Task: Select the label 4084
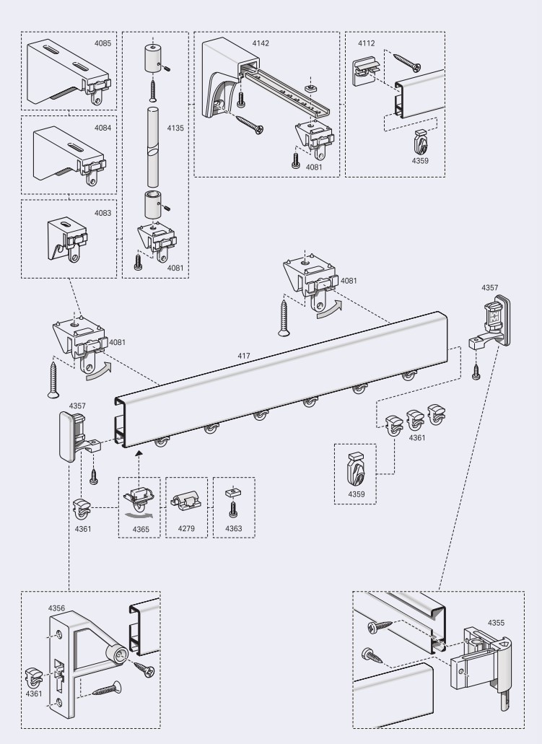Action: (x=102, y=128)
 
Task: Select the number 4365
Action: (x=141, y=529)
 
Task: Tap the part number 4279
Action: (x=186, y=529)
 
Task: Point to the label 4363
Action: (x=235, y=529)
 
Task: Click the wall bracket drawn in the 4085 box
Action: (x=65, y=72)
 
